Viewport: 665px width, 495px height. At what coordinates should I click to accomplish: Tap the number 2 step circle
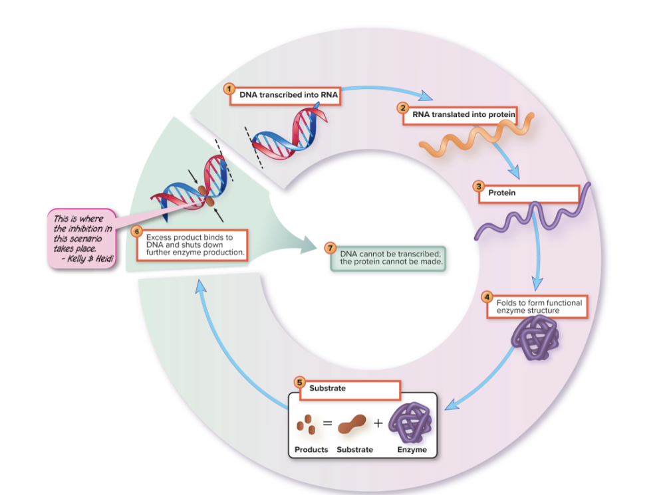402,108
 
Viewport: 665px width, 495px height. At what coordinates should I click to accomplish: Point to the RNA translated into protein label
463,114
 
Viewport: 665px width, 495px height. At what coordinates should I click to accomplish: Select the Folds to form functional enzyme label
539,306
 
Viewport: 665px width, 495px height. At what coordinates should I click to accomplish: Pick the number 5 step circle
300,382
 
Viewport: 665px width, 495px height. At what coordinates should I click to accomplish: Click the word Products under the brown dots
311,450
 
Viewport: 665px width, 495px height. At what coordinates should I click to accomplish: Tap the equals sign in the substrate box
327,422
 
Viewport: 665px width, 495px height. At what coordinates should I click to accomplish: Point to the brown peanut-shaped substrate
353,424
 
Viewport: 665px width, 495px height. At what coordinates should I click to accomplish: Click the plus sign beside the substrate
378,423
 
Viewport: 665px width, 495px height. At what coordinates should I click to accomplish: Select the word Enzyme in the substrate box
412,450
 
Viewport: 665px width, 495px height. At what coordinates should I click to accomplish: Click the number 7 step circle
329,247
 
